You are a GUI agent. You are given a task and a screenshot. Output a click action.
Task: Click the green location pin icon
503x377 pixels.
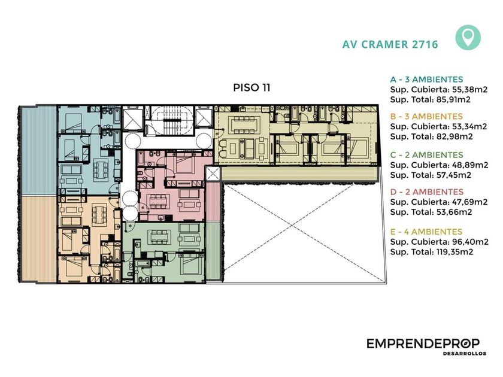(x=468, y=38)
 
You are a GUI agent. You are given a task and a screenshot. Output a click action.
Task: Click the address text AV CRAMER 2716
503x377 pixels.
(x=390, y=44)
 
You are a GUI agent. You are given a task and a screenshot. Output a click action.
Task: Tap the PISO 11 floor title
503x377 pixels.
(x=252, y=87)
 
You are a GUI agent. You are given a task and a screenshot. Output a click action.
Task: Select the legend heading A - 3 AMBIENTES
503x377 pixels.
(x=426, y=79)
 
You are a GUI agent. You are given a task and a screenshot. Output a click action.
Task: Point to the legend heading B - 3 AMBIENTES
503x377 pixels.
(x=426, y=116)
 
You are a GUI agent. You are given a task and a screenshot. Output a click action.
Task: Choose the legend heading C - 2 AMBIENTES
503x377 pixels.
(x=426, y=155)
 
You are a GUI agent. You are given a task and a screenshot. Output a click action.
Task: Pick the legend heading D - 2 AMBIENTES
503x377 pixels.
(x=426, y=191)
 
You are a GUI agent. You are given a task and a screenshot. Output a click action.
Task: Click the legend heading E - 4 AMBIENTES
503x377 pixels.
(x=426, y=232)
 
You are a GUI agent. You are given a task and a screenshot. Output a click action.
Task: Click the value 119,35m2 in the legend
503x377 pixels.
(x=454, y=252)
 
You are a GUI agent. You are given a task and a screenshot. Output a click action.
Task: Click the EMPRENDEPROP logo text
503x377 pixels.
(x=423, y=343)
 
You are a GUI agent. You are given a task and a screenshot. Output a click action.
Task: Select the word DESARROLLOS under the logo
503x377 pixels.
(x=465, y=354)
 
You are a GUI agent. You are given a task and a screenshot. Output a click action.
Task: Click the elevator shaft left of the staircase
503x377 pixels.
(x=132, y=118)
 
